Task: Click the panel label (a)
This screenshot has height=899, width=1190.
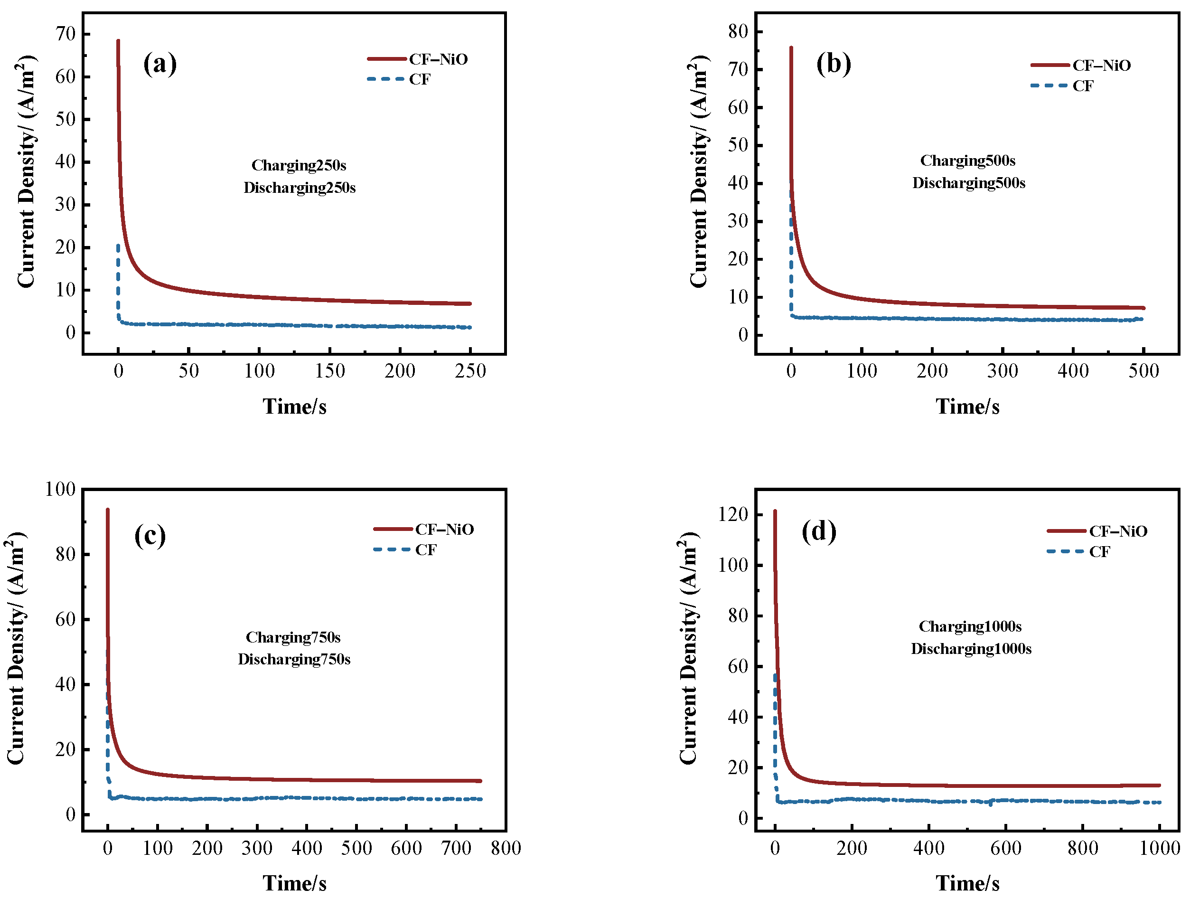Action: [x=160, y=64]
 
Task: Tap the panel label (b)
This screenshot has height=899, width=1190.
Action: [x=834, y=64]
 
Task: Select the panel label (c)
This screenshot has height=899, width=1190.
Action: [x=150, y=536]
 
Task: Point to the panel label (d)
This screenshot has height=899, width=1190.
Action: [x=819, y=532]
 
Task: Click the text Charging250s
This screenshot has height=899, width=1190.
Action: [x=299, y=165]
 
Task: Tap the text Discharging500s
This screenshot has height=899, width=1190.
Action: [x=968, y=183]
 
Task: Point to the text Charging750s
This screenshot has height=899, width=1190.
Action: [x=293, y=637]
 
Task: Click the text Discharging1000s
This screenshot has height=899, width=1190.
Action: [x=971, y=649]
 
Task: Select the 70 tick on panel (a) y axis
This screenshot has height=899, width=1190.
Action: [x=66, y=34]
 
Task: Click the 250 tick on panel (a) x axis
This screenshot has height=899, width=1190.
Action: [x=470, y=371]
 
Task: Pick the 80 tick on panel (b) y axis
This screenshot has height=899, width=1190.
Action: [x=738, y=32]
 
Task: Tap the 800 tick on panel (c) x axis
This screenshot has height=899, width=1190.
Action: [x=506, y=848]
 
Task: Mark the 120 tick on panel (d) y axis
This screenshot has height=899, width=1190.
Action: [x=733, y=515]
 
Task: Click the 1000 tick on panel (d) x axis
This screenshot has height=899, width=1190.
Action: [x=1159, y=848]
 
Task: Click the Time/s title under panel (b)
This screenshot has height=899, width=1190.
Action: [x=967, y=407]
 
